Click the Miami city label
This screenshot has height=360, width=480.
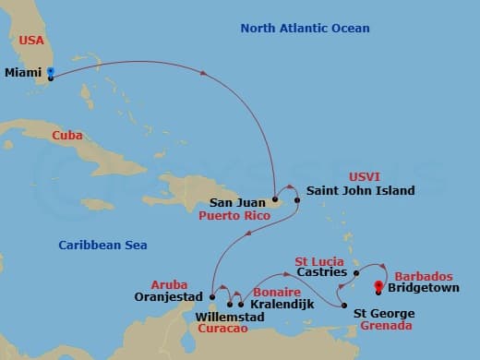click(22, 71)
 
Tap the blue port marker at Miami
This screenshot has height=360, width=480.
click(50, 73)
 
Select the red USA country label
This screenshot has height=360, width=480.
click(31, 41)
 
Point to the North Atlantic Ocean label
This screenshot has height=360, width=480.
click(305, 29)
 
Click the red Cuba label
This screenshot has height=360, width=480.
click(67, 136)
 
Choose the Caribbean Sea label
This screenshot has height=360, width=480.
click(102, 245)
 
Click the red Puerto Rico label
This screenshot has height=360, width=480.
click(233, 217)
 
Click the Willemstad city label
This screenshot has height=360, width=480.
click(230, 318)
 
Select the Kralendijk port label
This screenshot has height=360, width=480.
click(282, 303)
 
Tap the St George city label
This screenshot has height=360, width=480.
click(384, 314)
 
